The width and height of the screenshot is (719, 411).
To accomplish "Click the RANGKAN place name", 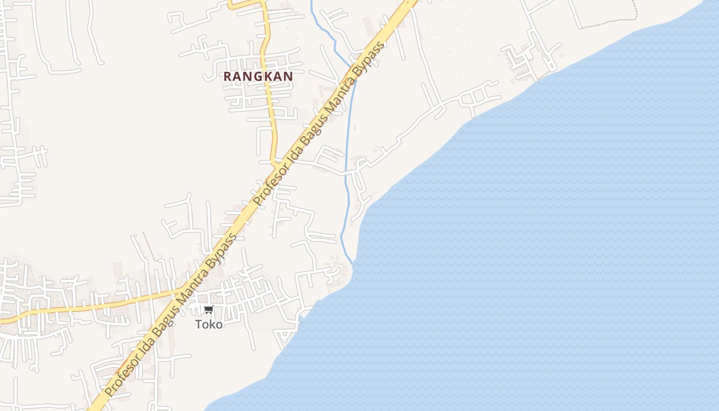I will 258,77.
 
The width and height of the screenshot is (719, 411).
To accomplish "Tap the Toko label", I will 209,325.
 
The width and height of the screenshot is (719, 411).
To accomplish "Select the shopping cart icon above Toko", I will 209,310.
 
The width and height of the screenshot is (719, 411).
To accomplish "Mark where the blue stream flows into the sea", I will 353,264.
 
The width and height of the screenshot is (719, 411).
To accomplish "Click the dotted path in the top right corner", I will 611,21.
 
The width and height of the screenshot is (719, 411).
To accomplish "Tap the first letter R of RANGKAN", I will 228,77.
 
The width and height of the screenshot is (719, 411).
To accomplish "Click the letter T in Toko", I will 199,325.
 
